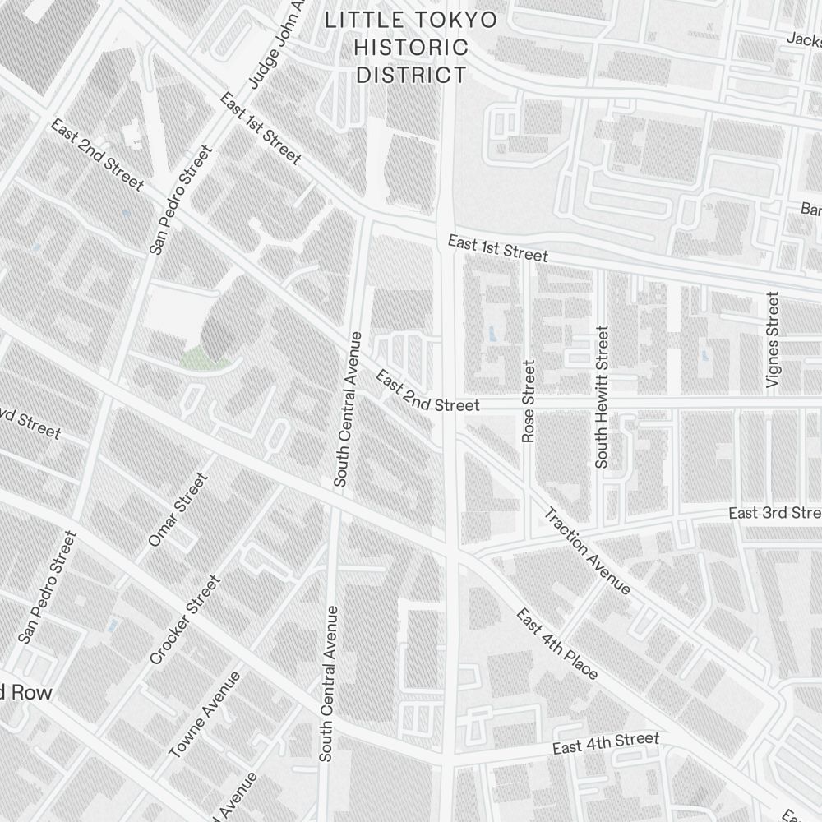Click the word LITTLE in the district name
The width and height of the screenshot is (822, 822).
[x=361, y=21]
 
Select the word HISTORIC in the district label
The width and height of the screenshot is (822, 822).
[x=411, y=48]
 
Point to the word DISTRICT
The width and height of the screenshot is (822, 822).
[x=411, y=76]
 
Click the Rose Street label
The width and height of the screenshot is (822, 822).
[x=529, y=401]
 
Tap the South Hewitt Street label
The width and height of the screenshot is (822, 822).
[x=603, y=397]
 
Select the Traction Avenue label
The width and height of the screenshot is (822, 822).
[x=587, y=552]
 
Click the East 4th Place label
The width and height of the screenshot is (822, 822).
[x=556, y=645]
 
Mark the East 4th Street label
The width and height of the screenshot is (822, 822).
[x=606, y=743]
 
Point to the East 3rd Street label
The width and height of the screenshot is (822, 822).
[x=774, y=513]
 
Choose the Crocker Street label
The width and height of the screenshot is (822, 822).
[x=186, y=620]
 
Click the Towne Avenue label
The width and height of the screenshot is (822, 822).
[x=205, y=714]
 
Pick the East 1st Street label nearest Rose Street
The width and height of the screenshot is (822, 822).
[x=497, y=248]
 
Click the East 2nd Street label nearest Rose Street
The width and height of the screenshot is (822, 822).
[x=427, y=392]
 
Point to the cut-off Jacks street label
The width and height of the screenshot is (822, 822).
[x=804, y=39]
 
